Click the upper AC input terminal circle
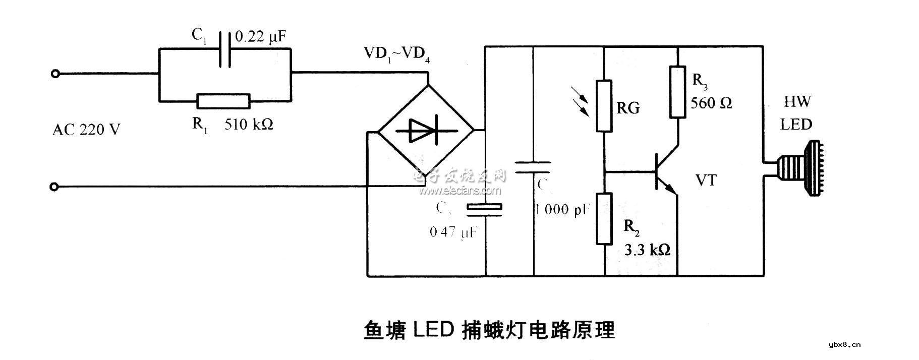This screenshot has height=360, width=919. pyautogui.click(x=55, y=74)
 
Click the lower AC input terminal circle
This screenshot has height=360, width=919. pyautogui.click(x=55, y=187)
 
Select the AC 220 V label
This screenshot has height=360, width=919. pyautogui.click(x=86, y=130)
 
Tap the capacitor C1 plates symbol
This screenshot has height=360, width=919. pyautogui.click(x=225, y=49)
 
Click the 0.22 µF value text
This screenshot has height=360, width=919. pyautogui.click(x=261, y=36)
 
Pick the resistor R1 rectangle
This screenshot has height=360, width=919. pyautogui.click(x=223, y=101)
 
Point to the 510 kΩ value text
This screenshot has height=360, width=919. pyautogui.click(x=249, y=125)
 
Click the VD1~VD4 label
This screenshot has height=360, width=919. pyautogui.click(x=396, y=53)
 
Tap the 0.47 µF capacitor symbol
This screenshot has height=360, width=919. pyautogui.click(x=484, y=210)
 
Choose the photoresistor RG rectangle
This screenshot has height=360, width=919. pyautogui.click(x=604, y=106)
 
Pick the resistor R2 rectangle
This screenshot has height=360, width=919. pyautogui.click(x=604, y=218)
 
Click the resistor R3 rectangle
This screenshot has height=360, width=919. pyautogui.click(x=677, y=92)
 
